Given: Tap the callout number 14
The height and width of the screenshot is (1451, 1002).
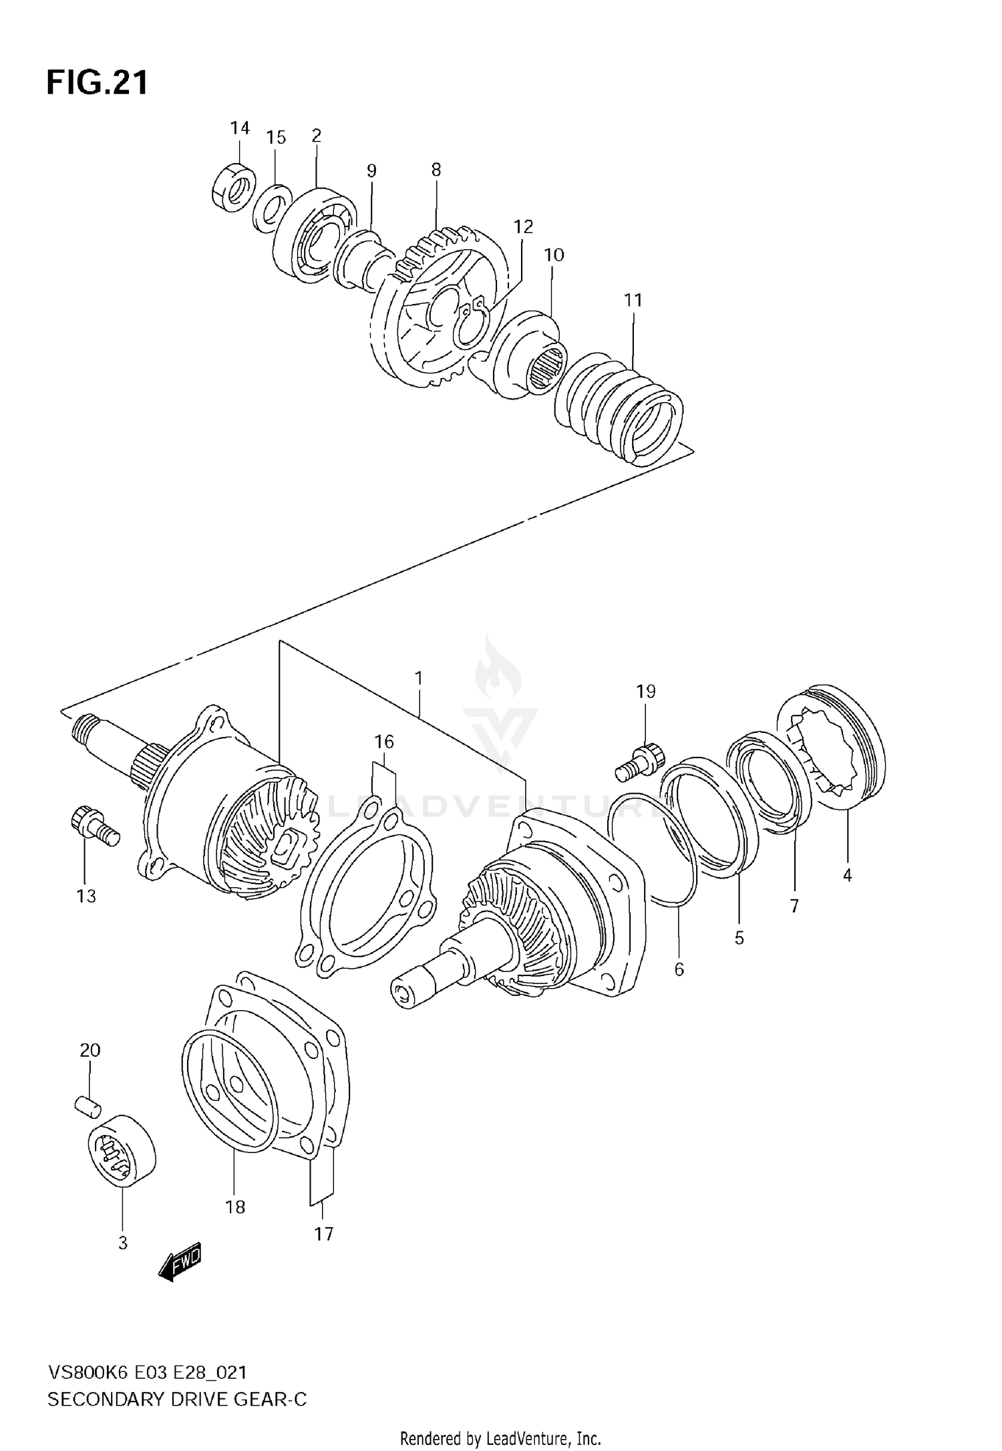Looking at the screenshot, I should pyautogui.click(x=240, y=128).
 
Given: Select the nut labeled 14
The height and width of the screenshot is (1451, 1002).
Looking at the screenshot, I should pyautogui.click(x=233, y=188).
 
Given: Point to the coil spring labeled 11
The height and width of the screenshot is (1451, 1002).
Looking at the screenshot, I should pyautogui.click(x=619, y=408).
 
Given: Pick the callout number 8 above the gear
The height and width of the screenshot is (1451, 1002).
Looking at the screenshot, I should pyautogui.click(x=436, y=170).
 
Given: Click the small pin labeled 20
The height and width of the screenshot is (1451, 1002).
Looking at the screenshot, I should pyautogui.click(x=88, y=1106).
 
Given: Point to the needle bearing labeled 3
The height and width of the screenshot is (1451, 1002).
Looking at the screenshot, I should pyautogui.click(x=122, y=1150).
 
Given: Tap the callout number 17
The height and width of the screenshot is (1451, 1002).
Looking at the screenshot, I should pyautogui.click(x=323, y=1234).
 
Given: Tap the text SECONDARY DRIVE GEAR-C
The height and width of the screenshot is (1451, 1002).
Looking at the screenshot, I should pyautogui.click(x=177, y=1400).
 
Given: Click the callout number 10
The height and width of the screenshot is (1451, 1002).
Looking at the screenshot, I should pyautogui.click(x=554, y=255).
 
